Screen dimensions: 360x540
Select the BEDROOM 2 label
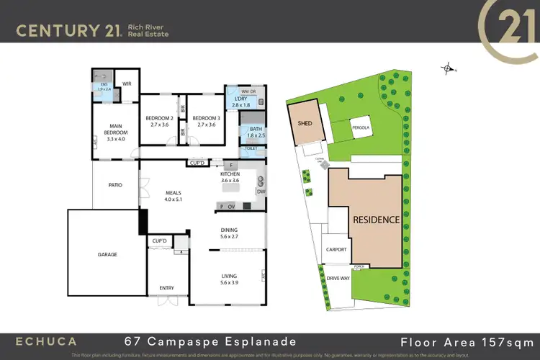pos(159,118)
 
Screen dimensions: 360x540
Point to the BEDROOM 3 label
pos(206,118)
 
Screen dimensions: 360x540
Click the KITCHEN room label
pos(230,175)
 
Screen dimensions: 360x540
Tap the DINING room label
pos(233,230)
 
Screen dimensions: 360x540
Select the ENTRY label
pos(166,288)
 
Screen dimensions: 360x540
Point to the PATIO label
pos(115,185)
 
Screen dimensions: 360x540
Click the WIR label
pos(127,84)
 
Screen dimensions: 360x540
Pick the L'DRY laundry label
pos(240,99)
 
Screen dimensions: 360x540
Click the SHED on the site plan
pos(305,123)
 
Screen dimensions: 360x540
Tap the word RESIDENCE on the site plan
pos(376,220)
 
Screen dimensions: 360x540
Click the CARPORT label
pos(336,250)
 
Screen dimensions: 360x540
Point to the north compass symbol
pos(449,69)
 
